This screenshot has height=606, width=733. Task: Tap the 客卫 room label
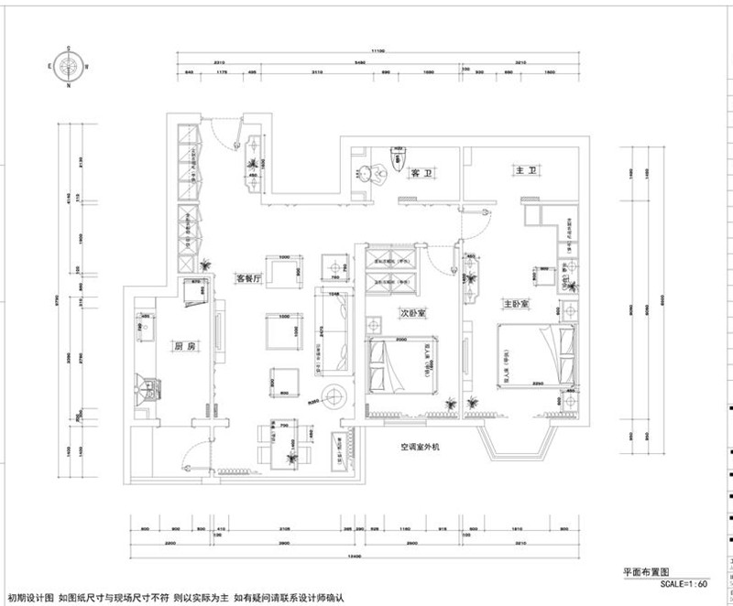pos(421,172)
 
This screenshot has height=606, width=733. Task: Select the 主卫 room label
pos(525,171)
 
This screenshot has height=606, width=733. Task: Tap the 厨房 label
pos(186,347)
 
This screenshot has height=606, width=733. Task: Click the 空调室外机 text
pos(421,448)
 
